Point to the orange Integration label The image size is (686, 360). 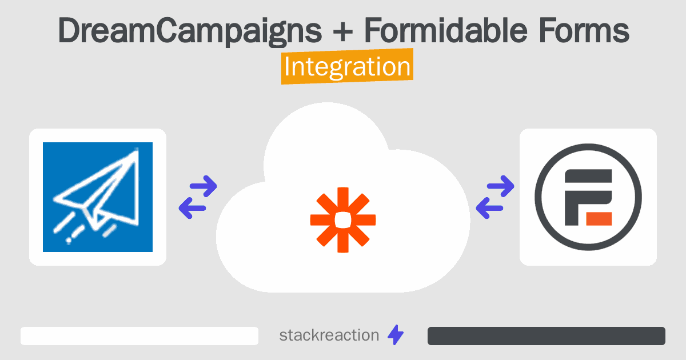pos(347,67)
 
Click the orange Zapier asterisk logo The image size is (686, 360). pos(343,219)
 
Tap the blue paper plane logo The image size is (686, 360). pos(98,197)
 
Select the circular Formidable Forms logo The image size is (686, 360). pos(588,197)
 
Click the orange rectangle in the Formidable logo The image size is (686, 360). pos(599,218)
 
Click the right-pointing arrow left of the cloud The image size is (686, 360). pos(203,185)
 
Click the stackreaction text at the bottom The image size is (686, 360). pos(329,335)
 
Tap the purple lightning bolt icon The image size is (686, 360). pos(396,335)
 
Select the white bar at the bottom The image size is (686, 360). pos(139,336)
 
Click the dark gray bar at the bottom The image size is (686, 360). pos(546,336)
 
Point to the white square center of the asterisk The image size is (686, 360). pos(343,219)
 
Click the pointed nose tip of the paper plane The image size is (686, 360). pos(136,151)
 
